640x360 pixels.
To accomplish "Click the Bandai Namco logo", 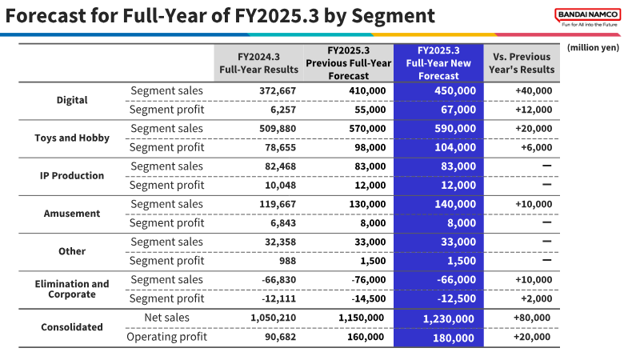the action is [588, 18].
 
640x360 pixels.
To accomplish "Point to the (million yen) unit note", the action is [593, 47].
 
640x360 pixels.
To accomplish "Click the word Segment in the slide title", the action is [393, 16].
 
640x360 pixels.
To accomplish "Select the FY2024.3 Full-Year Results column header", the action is [258, 63].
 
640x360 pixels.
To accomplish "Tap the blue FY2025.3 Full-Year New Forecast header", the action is [438, 63].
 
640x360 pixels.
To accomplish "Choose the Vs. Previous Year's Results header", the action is [522, 63].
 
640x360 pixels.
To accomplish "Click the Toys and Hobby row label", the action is [72, 138].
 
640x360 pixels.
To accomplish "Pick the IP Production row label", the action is [72, 175].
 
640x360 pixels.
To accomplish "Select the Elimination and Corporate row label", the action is [72, 289].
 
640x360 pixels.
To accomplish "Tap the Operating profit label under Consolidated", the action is [166, 337].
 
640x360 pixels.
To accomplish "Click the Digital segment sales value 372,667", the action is [278, 90].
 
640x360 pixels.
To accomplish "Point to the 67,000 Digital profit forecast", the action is [458, 110].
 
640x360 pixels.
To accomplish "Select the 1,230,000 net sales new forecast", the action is [448, 318].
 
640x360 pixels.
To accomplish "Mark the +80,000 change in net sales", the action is [532, 318].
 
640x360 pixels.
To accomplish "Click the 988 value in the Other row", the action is [287, 261].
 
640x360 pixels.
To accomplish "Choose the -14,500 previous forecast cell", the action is [369, 298].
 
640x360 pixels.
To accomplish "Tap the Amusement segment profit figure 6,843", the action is [283, 223].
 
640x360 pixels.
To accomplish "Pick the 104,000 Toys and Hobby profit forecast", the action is [455, 147].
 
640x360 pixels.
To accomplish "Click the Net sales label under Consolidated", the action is [166, 318].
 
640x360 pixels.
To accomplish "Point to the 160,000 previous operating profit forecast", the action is [366, 337].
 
